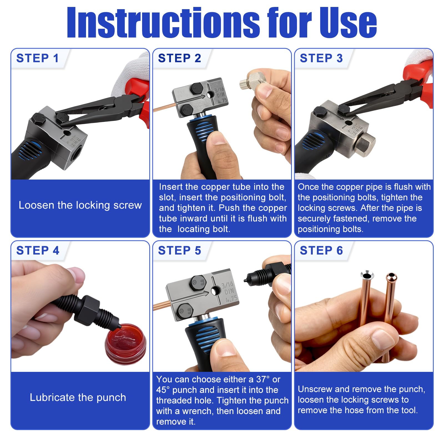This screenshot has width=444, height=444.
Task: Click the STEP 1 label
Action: click(x=37, y=58)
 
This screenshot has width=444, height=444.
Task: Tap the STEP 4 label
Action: click(x=38, y=251)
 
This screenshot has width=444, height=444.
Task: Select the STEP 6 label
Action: click(x=321, y=251)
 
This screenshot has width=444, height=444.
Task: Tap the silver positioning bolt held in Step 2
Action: click(x=253, y=80)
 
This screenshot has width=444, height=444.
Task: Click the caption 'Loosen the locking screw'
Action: click(x=80, y=205)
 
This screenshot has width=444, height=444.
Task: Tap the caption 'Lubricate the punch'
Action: click(x=78, y=397)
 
